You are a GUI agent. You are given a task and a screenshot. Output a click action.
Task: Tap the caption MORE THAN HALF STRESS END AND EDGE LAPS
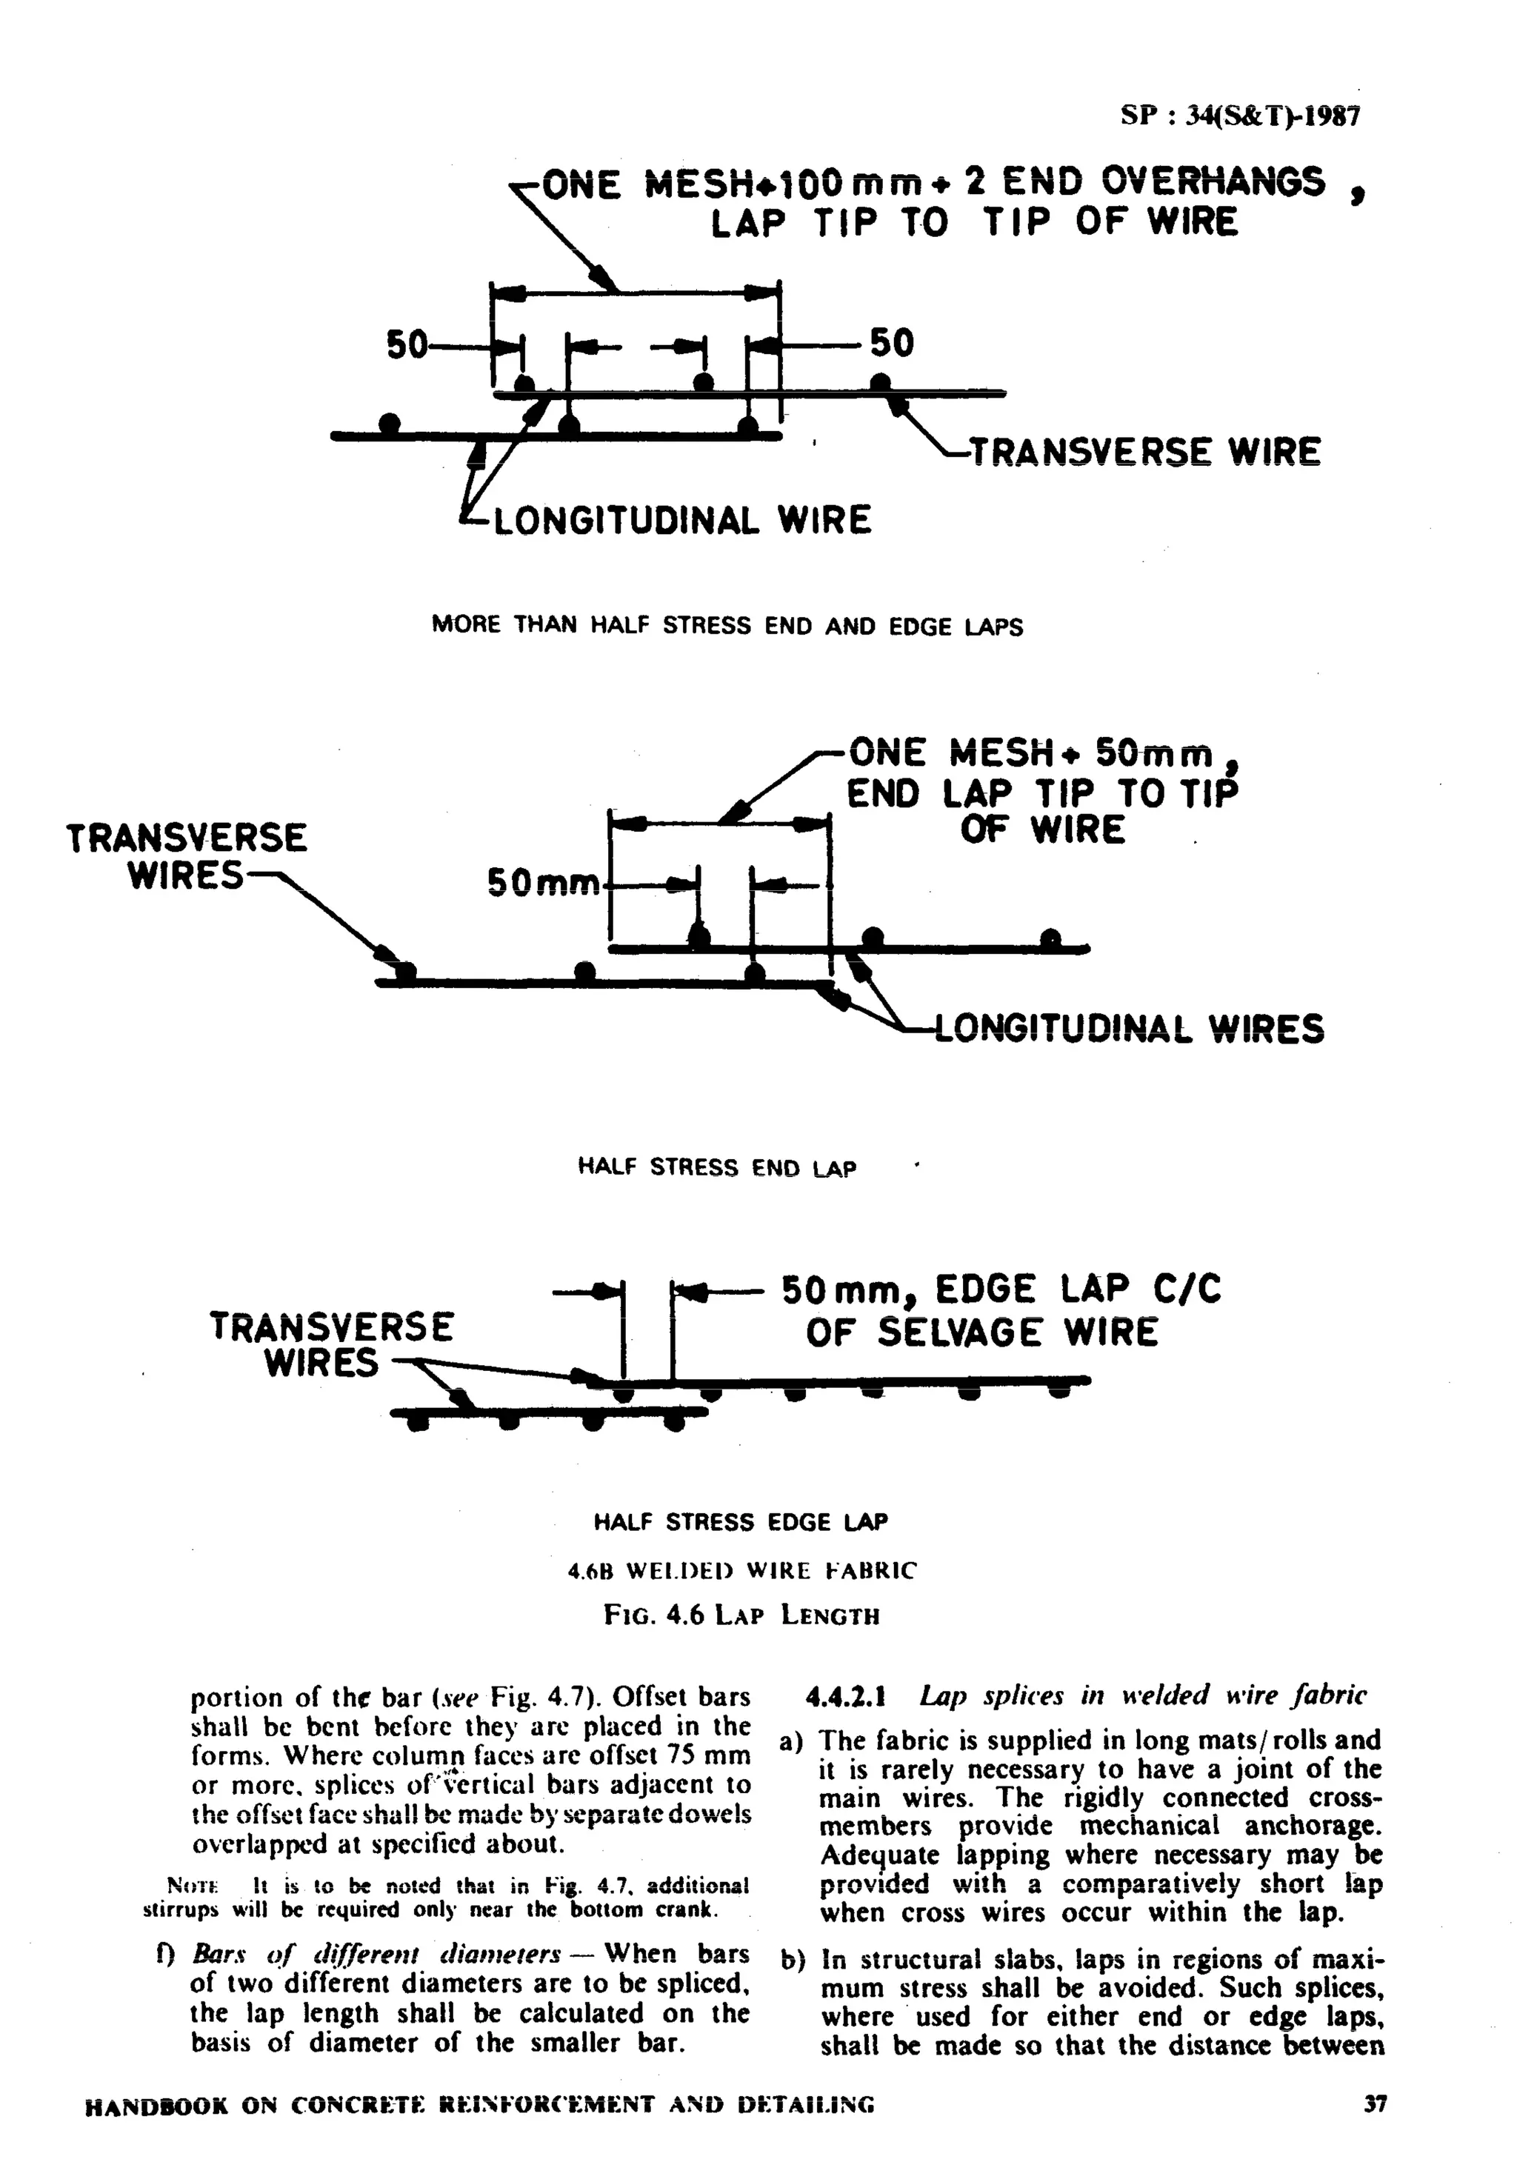[x=727, y=627]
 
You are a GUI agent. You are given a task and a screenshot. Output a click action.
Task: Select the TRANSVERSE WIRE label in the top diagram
[x=1144, y=453]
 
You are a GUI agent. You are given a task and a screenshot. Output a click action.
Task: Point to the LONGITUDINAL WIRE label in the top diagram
[x=681, y=521]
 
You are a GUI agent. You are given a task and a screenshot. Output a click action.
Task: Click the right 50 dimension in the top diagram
[x=892, y=343]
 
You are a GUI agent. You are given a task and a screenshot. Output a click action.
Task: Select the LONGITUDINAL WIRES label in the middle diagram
[x=1129, y=1028]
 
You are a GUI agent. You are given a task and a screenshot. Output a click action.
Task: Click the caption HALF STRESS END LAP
[x=717, y=1167]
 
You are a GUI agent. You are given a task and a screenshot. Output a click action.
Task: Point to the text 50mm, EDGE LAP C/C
[x=1001, y=1290]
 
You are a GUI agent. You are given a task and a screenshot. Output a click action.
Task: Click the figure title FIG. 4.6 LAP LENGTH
[x=741, y=1615]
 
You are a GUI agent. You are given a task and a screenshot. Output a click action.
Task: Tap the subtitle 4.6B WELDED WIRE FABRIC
[x=741, y=1571]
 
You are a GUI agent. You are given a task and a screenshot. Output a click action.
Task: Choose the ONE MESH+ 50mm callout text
[x=1031, y=755]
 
